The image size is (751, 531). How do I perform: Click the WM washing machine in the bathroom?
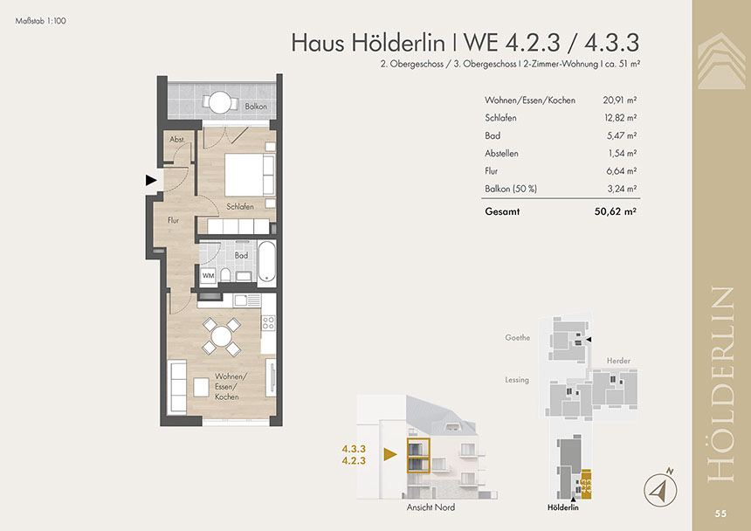209,276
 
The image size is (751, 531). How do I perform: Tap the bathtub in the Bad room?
266,261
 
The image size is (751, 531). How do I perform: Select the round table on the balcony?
220,102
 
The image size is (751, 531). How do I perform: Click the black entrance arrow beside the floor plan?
151,181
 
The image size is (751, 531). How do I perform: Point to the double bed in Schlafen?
250,175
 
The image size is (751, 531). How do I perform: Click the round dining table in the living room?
221,336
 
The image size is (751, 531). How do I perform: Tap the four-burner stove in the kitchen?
268,322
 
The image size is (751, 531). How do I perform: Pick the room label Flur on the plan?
173,220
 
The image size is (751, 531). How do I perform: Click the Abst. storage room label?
177,140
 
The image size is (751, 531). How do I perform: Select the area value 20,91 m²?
620,100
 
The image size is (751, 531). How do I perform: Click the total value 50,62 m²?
616,211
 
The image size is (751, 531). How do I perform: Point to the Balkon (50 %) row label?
511,189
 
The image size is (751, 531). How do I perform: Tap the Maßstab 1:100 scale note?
41,21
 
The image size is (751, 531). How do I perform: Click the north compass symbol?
660,489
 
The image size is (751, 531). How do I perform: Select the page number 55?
720,514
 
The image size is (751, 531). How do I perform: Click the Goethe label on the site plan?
517,338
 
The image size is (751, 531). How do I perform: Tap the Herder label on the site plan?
618,361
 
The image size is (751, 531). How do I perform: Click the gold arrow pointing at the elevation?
390,454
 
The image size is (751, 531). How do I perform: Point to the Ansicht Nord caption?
431,507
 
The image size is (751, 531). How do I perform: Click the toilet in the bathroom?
225,275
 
